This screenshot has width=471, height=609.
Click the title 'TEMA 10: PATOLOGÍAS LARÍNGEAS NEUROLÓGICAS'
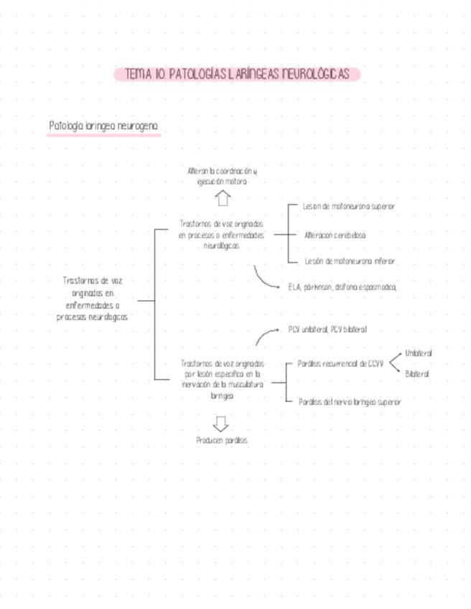tap(236, 74)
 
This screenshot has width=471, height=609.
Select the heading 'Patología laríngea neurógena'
tap(103, 126)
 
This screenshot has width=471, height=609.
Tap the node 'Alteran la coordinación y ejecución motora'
tap(222, 177)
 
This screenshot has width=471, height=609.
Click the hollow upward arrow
tap(223, 197)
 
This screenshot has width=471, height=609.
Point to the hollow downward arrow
tap(221, 424)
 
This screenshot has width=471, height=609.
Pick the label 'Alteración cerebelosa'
tap(335, 235)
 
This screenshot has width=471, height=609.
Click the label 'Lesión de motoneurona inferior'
tap(350, 261)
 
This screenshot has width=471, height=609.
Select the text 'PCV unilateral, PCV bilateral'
tap(327, 329)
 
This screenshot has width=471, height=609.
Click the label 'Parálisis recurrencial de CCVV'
tap(340, 363)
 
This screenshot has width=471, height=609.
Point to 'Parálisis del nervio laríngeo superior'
tap(350, 402)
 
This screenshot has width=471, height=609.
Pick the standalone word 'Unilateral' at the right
tap(419, 353)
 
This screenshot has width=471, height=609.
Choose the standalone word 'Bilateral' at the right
tap(416, 374)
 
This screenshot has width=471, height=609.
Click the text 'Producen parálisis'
tap(221, 440)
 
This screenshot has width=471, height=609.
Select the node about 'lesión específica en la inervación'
tap(222, 379)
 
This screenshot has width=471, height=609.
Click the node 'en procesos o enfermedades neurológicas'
tap(221, 235)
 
